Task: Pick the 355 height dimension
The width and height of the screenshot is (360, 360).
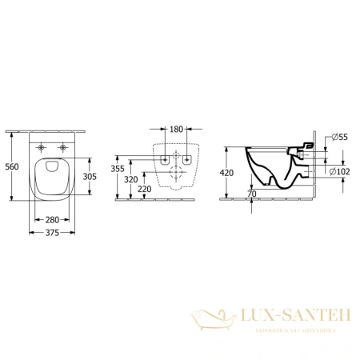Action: [x=118, y=169]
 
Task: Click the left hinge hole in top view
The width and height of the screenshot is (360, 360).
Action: [x=42, y=148]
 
